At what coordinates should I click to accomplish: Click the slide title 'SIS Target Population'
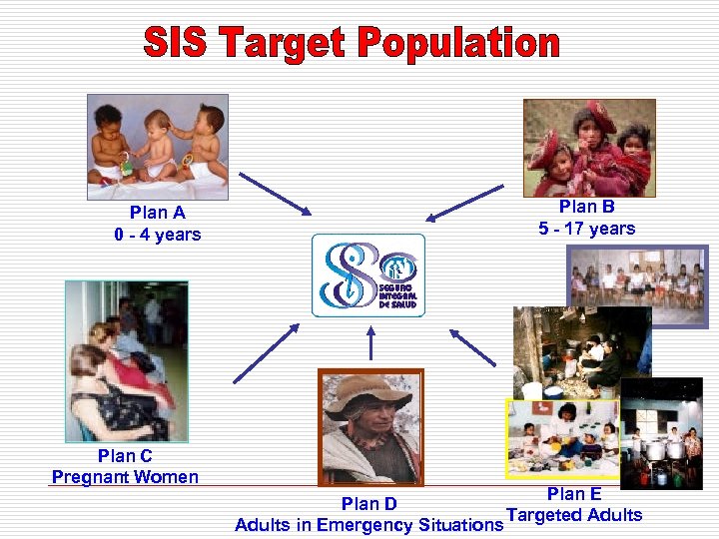[352, 43]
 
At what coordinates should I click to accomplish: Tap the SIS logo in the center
[368, 275]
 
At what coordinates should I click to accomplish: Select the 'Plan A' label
[157, 213]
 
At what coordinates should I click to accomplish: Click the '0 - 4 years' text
[157, 235]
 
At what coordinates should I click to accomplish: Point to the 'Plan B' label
[586, 207]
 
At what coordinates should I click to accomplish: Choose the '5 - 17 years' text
[586, 229]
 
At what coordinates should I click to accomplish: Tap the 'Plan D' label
[368, 505]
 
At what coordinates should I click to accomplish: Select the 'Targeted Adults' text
[574, 515]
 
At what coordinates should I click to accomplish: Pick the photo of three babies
[158, 140]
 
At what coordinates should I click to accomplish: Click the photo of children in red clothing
[589, 147]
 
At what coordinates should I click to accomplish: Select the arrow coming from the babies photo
[276, 194]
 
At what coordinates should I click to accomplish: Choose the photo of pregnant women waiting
[112, 360]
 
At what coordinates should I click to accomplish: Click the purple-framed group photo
[637, 285]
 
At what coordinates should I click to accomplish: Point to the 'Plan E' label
[574, 494]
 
